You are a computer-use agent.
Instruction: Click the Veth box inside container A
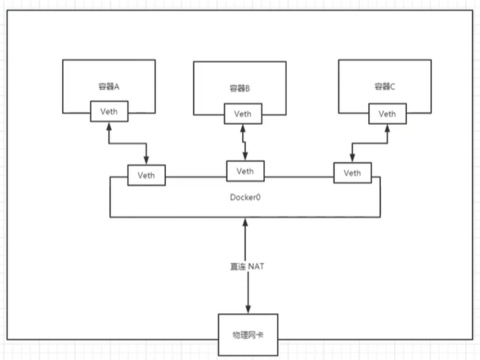pyautogui.click(x=109, y=111)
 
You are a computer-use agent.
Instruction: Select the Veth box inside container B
pyautogui.click(x=242, y=114)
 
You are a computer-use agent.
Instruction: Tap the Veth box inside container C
pyautogui.click(x=387, y=114)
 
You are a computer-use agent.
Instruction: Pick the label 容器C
pyautogui.click(x=385, y=87)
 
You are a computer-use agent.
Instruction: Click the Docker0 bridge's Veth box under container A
pyautogui.click(x=146, y=175)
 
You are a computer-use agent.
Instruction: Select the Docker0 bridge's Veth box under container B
pyautogui.click(x=245, y=171)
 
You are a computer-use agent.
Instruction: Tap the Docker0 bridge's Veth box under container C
pyautogui.click(x=352, y=173)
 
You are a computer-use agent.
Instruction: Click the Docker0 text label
pyautogui.click(x=245, y=196)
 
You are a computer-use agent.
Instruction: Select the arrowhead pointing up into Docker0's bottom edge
pyautogui.click(x=246, y=222)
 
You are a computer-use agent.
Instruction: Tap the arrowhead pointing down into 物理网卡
pyautogui.click(x=248, y=309)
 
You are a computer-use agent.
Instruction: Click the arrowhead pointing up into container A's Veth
pyautogui.click(x=109, y=126)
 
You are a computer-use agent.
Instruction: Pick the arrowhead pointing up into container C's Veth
pyautogui.click(x=387, y=129)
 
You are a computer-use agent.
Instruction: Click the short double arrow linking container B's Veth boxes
pyautogui.click(x=244, y=142)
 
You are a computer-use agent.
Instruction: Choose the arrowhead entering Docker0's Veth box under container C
pyautogui.click(x=352, y=158)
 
